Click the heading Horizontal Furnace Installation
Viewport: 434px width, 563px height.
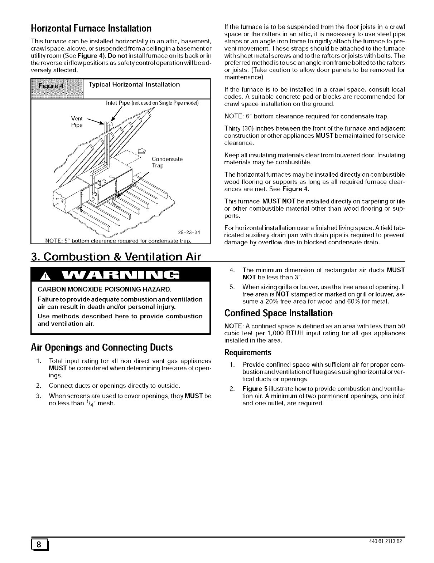click(91, 28)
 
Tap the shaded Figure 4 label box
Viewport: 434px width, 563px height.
click(57, 88)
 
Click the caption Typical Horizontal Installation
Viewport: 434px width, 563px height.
click(134, 84)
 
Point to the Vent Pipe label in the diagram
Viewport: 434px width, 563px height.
click(77, 122)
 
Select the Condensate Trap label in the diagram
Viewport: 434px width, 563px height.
click(167, 162)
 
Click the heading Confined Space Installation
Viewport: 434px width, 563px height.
click(279, 313)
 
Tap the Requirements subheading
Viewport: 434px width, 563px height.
click(248, 353)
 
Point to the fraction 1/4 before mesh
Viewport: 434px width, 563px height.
click(91, 403)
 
